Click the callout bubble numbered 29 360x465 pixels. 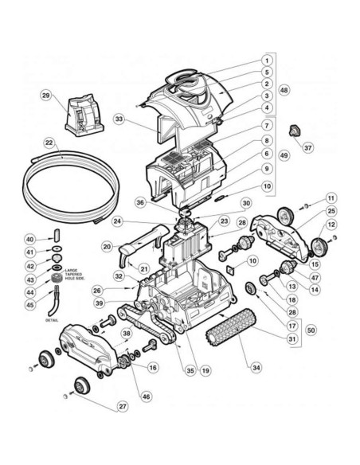pos(45,95)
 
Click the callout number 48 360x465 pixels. pos(284,90)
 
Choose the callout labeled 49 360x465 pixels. pos(284,156)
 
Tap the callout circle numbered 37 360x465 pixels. pos(308,147)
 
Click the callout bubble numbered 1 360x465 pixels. pos(268,60)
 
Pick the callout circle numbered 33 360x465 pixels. pos(120,119)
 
